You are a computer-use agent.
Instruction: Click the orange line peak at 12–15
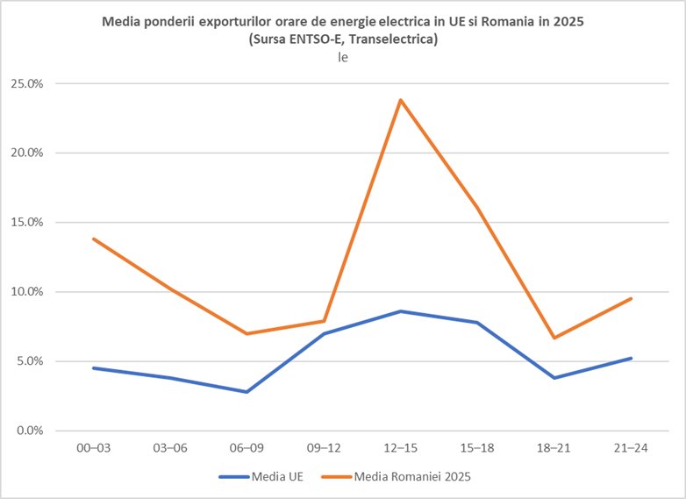coord(400,100)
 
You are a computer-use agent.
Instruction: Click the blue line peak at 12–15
coord(400,311)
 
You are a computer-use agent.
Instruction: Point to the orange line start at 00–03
coord(93,239)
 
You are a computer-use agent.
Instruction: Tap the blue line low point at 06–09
coord(247,392)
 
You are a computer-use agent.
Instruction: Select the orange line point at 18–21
coord(554,338)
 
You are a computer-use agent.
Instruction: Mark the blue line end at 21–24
coord(632,358)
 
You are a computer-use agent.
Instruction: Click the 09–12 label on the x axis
coord(324,448)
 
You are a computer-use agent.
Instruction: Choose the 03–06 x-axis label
coord(170,448)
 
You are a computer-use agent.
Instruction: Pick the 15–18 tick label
coord(477,448)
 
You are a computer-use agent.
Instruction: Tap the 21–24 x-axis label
coord(632,448)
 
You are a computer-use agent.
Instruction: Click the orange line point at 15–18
coord(477,207)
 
